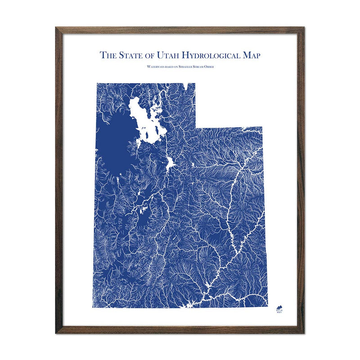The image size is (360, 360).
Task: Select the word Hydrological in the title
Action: [x=213, y=55]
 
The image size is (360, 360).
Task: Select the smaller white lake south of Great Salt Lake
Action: [x=170, y=163]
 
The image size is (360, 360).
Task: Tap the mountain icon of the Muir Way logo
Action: [x=279, y=305]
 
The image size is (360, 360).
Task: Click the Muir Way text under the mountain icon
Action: [x=279, y=310]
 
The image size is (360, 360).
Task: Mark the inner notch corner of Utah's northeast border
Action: [x=196, y=127]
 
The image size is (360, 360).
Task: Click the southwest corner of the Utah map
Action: [x=93, y=307]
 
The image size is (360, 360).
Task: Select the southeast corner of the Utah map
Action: [x=268, y=307]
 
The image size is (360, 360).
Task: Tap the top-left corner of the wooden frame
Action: [x=56, y=27]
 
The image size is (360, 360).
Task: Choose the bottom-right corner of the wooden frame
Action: [x=304, y=333]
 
